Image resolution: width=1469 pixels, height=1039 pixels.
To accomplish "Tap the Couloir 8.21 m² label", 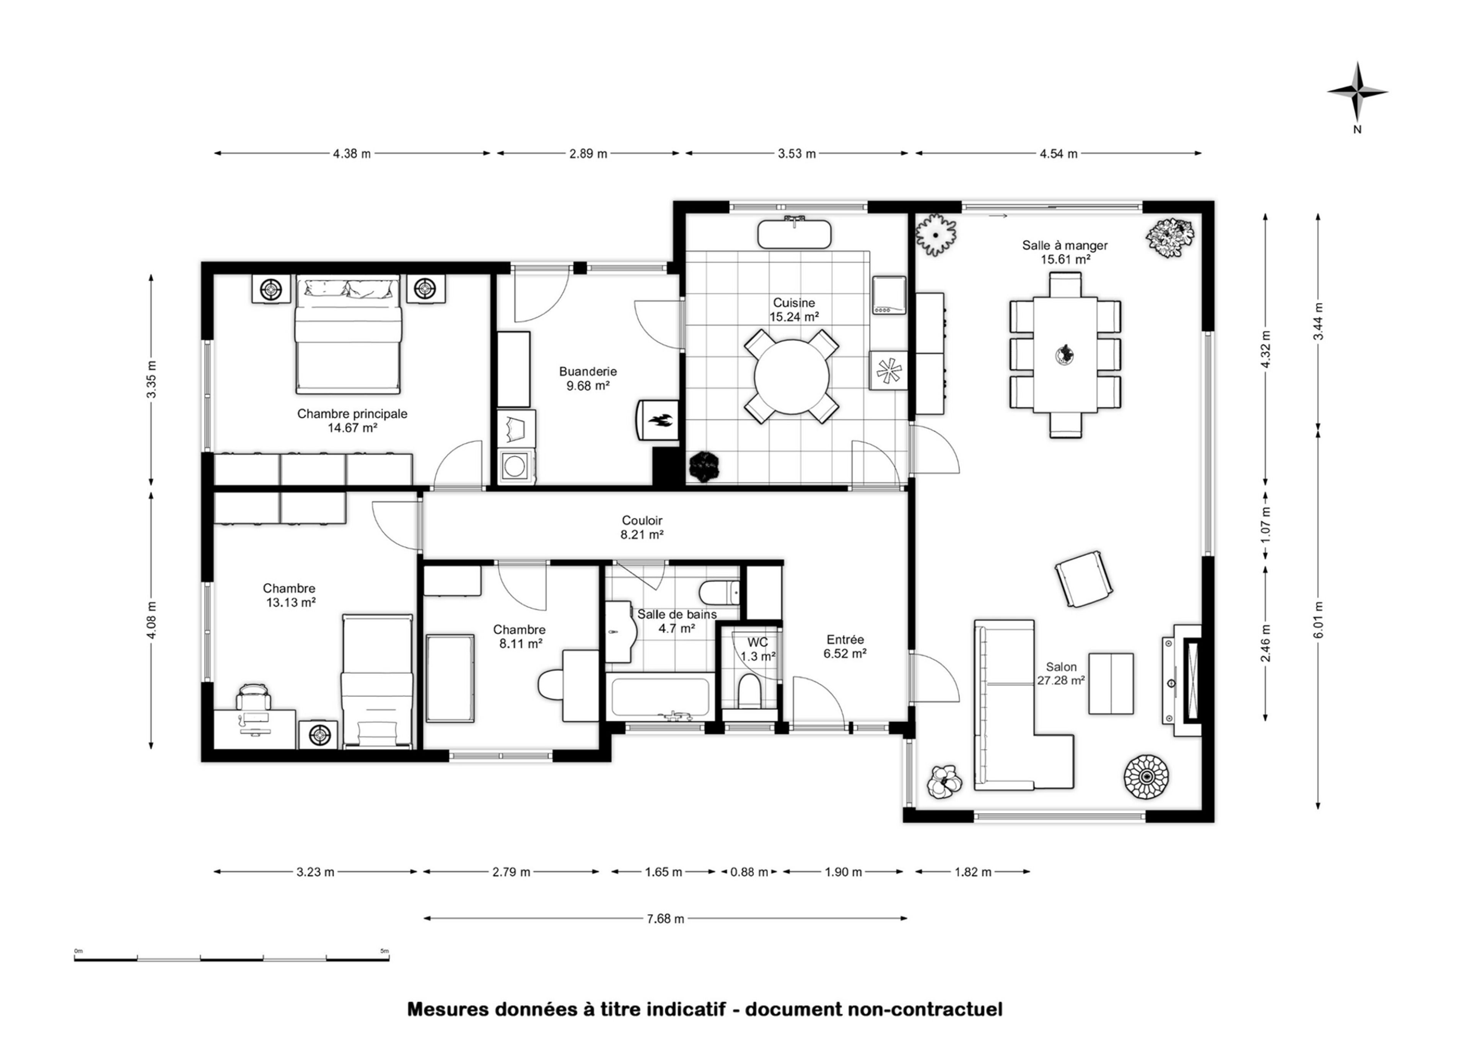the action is point(642,528).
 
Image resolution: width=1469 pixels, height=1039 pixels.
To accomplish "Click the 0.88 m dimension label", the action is point(749,872).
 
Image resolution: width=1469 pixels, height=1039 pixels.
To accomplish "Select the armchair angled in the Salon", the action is point(1083,578).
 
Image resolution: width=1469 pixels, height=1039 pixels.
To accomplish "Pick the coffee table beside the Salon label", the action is point(1111,683).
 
